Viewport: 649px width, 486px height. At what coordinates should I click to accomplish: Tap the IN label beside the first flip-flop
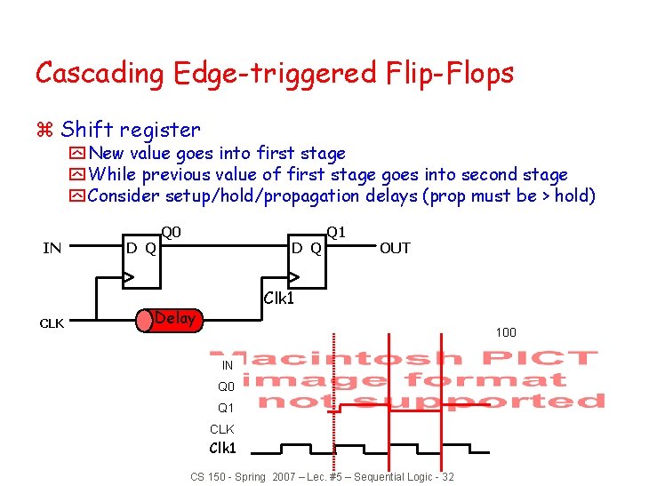(x=52, y=248)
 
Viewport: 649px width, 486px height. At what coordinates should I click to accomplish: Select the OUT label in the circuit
(x=395, y=248)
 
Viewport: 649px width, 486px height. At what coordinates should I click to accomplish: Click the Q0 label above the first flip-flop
(x=171, y=232)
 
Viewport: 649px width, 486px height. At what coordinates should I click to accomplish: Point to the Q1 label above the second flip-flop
(x=336, y=232)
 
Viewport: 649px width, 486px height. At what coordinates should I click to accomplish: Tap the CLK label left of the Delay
(x=51, y=323)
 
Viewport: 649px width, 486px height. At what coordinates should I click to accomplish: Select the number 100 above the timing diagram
(x=506, y=332)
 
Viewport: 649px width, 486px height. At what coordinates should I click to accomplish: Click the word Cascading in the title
(x=99, y=73)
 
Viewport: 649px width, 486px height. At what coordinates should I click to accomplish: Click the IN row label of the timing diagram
(x=228, y=365)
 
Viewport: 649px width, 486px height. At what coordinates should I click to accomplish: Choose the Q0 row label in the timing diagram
(x=227, y=386)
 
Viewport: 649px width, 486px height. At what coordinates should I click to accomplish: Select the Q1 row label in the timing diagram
(x=227, y=408)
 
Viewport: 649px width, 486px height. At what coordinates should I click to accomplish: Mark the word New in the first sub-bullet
(x=107, y=153)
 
